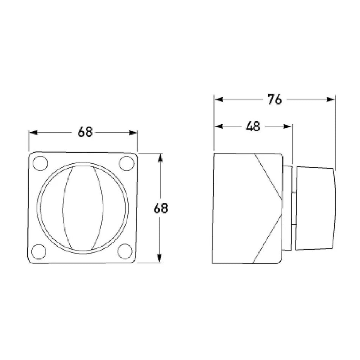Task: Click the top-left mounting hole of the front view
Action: (40, 163)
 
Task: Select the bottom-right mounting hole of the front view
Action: (125, 250)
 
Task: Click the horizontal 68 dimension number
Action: (85, 133)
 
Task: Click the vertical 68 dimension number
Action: (161, 208)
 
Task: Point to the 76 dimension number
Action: (274, 100)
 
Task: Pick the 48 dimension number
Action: (253, 127)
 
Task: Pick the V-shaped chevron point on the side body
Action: (281, 200)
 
